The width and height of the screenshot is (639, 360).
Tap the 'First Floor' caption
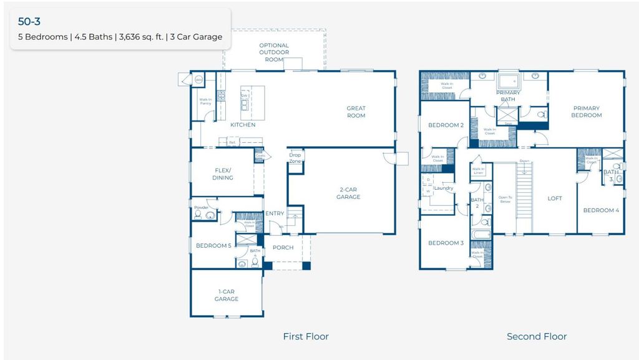pos(306,336)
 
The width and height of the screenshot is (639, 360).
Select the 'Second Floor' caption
pos(537,336)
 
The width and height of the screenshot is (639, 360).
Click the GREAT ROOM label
pos(356,112)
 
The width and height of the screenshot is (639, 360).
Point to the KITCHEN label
pos(243,125)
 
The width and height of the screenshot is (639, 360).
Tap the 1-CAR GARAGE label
pos(227,295)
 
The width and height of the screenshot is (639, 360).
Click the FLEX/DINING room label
pos(223,173)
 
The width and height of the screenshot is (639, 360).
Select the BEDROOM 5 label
pos(214,246)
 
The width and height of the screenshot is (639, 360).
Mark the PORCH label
pos(283,248)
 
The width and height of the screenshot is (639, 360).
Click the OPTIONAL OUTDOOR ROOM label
pos(275,52)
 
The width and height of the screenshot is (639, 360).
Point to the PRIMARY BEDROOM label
pos(587,112)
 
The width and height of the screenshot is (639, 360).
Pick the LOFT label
pos(555,198)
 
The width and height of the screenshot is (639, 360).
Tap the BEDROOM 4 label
pos(601,210)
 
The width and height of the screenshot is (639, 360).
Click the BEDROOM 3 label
pos(446,243)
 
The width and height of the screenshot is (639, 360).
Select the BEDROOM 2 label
pos(446,125)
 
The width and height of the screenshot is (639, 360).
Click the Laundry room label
pos(444,188)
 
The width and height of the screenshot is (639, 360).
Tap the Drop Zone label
pos(295,158)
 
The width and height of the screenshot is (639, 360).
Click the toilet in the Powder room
pos(198,215)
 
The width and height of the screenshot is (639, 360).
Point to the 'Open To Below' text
pos(504,200)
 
